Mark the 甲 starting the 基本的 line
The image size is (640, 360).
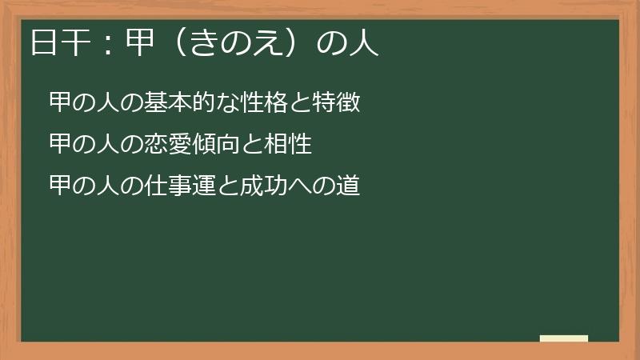pos(60,103)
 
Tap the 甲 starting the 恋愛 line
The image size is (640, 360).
pos(60,145)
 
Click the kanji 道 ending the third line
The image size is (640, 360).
pos(349,186)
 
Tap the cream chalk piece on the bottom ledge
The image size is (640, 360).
pos(564,338)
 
